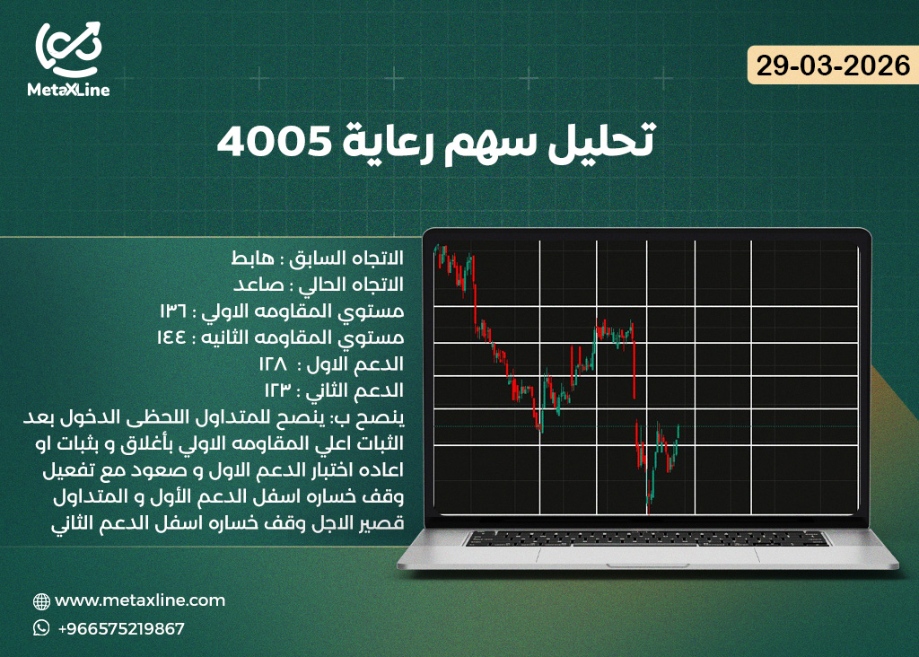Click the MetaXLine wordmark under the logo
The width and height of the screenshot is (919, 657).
click(68, 90)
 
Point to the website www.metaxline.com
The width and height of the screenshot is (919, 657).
click(140, 600)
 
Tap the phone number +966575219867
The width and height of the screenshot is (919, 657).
click(120, 628)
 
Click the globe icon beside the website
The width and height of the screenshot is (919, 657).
click(41, 601)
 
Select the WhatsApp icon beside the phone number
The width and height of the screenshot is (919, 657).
click(41, 628)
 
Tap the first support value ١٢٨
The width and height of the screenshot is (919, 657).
click(274, 364)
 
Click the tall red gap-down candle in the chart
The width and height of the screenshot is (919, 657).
click(634, 368)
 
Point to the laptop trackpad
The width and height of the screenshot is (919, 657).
click(646, 556)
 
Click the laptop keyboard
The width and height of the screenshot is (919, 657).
click(646, 538)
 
